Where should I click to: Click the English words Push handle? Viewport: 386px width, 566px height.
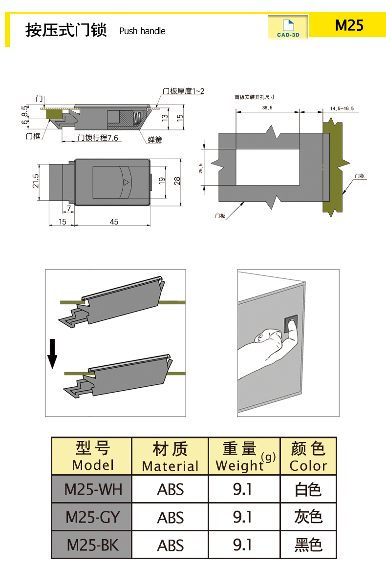tap(142, 31)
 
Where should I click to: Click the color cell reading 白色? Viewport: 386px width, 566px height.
tap(308, 489)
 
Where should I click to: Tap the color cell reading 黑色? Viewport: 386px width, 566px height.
tap(308, 545)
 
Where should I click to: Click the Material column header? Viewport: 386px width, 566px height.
tap(170, 456)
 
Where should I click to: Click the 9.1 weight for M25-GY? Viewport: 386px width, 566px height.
tap(242, 517)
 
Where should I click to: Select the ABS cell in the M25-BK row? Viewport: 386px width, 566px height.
tap(170, 545)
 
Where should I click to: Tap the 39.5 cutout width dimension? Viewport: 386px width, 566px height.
tap(267, 107)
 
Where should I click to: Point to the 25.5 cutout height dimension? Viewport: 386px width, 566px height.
tap(200, 168)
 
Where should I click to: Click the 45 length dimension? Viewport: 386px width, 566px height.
tap(113, 222)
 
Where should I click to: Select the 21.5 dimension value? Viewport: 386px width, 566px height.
tap(35, 181)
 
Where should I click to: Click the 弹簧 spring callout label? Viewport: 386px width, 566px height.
tap(155, 140)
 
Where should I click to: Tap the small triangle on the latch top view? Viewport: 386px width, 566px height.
tap(126, 183)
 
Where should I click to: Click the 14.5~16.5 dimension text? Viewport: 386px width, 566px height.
tap(342, 108)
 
